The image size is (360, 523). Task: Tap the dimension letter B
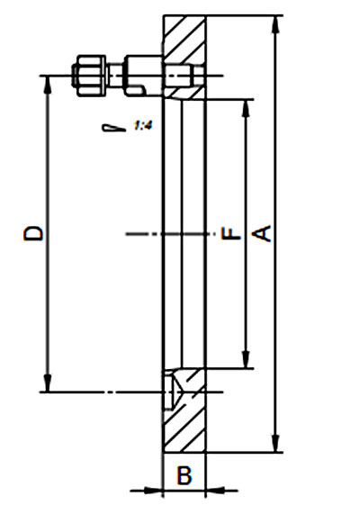point(184,474)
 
